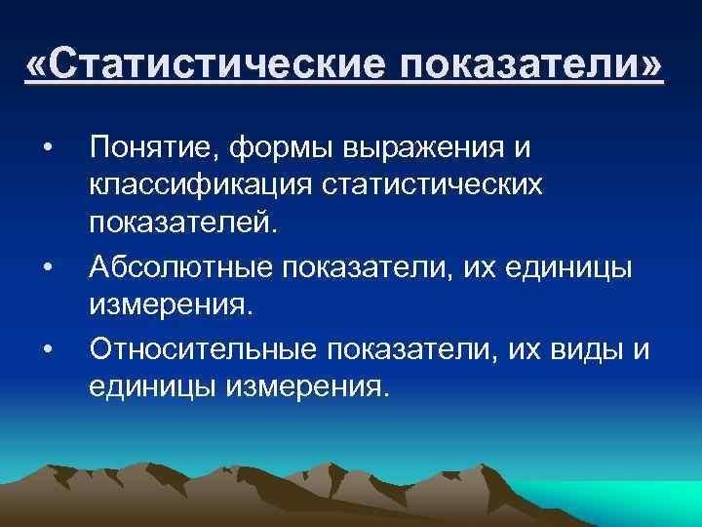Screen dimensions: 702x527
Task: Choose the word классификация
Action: (200, 184)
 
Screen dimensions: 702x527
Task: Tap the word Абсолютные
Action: (180, 267)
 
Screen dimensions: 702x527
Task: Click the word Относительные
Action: (203, 349)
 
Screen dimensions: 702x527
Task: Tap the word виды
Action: (587, 350)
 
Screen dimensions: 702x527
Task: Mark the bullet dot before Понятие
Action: (49, 147)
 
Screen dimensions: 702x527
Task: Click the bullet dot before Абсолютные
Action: (49, 267)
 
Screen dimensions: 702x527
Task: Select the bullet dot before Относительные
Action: (49, 349)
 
